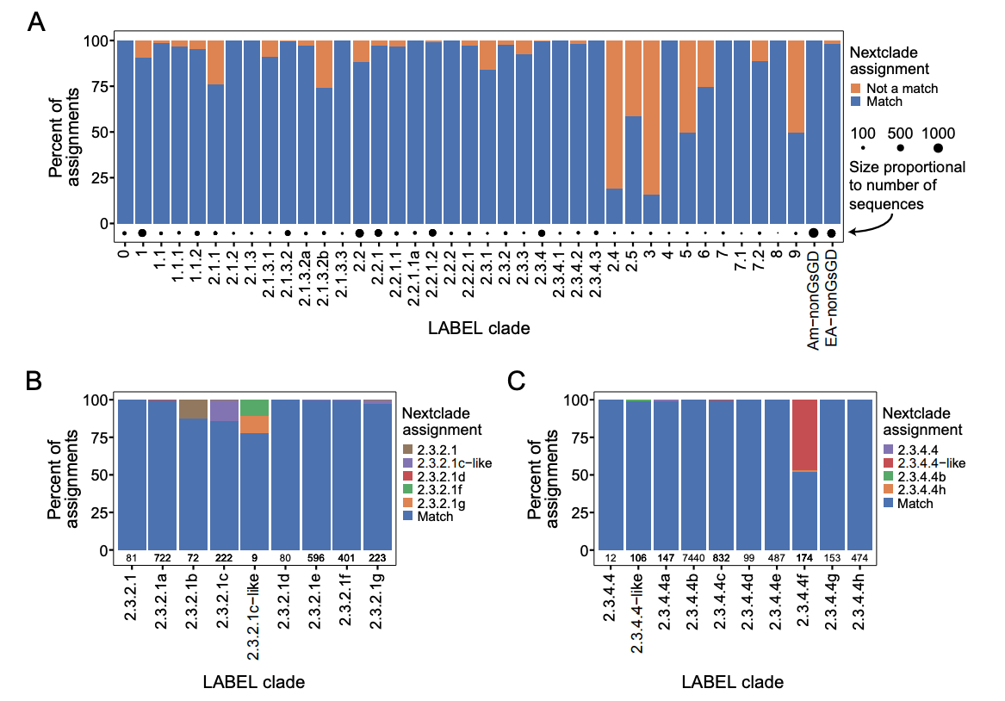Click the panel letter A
tap(37, 22)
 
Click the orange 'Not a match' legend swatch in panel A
tap(856, 89)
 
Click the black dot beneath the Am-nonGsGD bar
tap(813, 233)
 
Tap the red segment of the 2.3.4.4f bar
tap(805, 435)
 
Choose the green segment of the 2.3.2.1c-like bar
tap(253, 407)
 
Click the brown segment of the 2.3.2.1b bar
tap(193, 409)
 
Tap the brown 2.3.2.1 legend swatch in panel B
tap(410, 450)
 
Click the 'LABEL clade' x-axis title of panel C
tap(732, 683)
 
